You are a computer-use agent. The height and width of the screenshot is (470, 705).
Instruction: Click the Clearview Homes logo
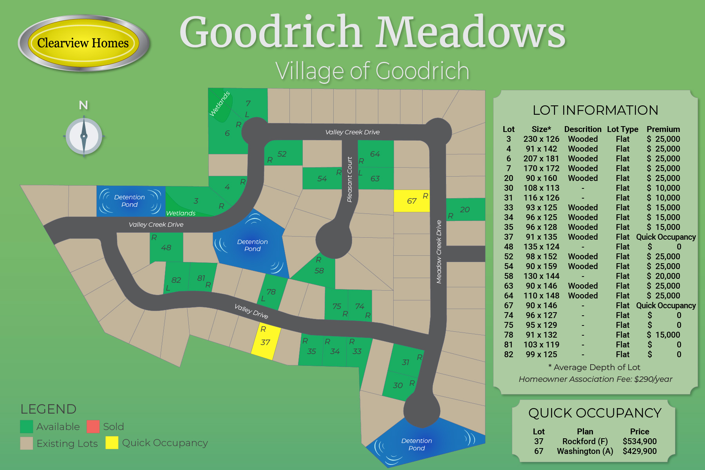83,43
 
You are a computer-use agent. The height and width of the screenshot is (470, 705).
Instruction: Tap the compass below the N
84,137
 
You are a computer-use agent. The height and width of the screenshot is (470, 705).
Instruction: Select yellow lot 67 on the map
411,201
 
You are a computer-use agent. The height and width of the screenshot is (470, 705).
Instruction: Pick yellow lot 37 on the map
266,342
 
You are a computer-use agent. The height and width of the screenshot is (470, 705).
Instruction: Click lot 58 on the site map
319,270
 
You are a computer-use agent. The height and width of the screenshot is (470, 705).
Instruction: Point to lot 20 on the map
465,210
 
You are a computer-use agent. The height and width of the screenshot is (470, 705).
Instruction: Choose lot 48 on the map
166,248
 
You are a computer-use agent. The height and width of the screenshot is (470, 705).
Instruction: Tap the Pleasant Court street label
350,179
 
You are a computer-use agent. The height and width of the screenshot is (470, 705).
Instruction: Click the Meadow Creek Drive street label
439,251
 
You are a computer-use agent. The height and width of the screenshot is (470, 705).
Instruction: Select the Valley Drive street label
251,311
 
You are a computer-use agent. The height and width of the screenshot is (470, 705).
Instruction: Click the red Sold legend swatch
93,427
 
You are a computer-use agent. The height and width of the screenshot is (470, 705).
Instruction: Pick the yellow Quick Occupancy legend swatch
112,443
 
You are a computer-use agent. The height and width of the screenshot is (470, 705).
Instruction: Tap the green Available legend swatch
26,427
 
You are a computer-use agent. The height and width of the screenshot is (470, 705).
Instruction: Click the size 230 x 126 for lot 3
541,139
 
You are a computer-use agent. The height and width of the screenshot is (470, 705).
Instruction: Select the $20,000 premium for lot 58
663,276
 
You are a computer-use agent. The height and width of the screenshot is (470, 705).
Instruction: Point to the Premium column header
663,129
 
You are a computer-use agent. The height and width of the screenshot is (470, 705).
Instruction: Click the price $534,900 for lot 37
640,441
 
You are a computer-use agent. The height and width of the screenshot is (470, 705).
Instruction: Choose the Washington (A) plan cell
585,451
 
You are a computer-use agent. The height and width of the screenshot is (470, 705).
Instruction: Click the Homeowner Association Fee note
595,379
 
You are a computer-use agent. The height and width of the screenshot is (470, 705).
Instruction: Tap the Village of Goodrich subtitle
372,71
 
